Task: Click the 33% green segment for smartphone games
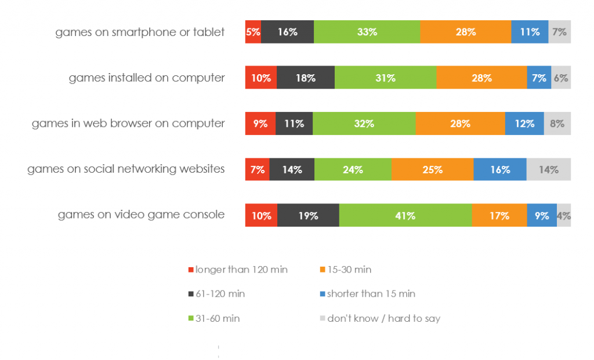coord(367,32)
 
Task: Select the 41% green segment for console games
coord(405,216)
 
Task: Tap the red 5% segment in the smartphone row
coord(253,32)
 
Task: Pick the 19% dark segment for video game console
coord(308,216)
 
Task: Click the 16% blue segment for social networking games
coord(499,170)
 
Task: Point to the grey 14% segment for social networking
coord(548,170)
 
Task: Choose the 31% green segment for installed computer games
coord(385,78)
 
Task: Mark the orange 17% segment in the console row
coord(499,216)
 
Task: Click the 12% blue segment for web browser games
coord(524,123)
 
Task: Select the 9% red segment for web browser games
coord(260,123)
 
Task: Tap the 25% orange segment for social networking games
coord(432,170)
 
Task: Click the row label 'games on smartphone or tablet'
coord(140,32)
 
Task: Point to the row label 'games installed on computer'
coord(147,78)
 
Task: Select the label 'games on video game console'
coord(141,215)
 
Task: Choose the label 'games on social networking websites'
coord(126,169)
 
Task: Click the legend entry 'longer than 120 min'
coord(241,270)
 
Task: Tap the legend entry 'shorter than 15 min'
coord(371,294)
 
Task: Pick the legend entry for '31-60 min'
coord(218,318)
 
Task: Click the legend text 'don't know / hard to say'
coord(383,318)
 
